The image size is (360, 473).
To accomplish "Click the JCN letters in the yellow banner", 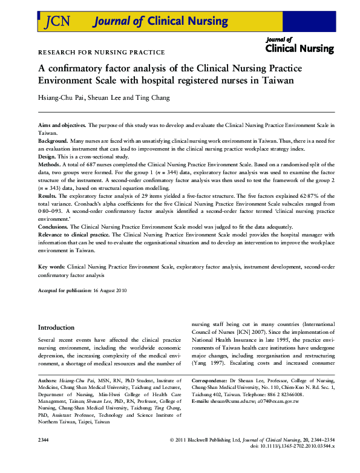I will point(58,22).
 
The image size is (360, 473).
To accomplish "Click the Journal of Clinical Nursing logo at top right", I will point(299,45).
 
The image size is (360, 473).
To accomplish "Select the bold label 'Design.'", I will point(48,155).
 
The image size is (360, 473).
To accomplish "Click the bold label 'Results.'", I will point(48,195).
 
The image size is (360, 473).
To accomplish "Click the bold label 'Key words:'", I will point(51,266).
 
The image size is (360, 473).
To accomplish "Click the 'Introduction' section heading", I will point(56,327).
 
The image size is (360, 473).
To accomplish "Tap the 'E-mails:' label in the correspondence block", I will point(202,418).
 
